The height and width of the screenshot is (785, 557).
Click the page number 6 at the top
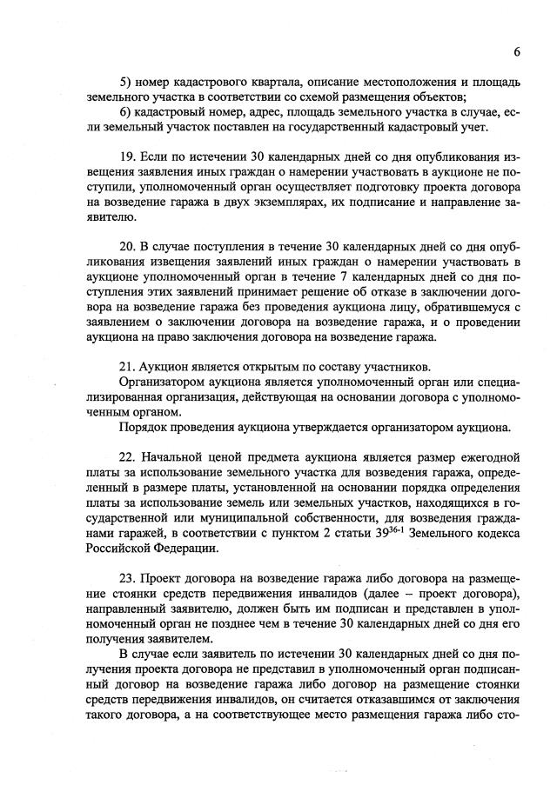pos(516,51)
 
